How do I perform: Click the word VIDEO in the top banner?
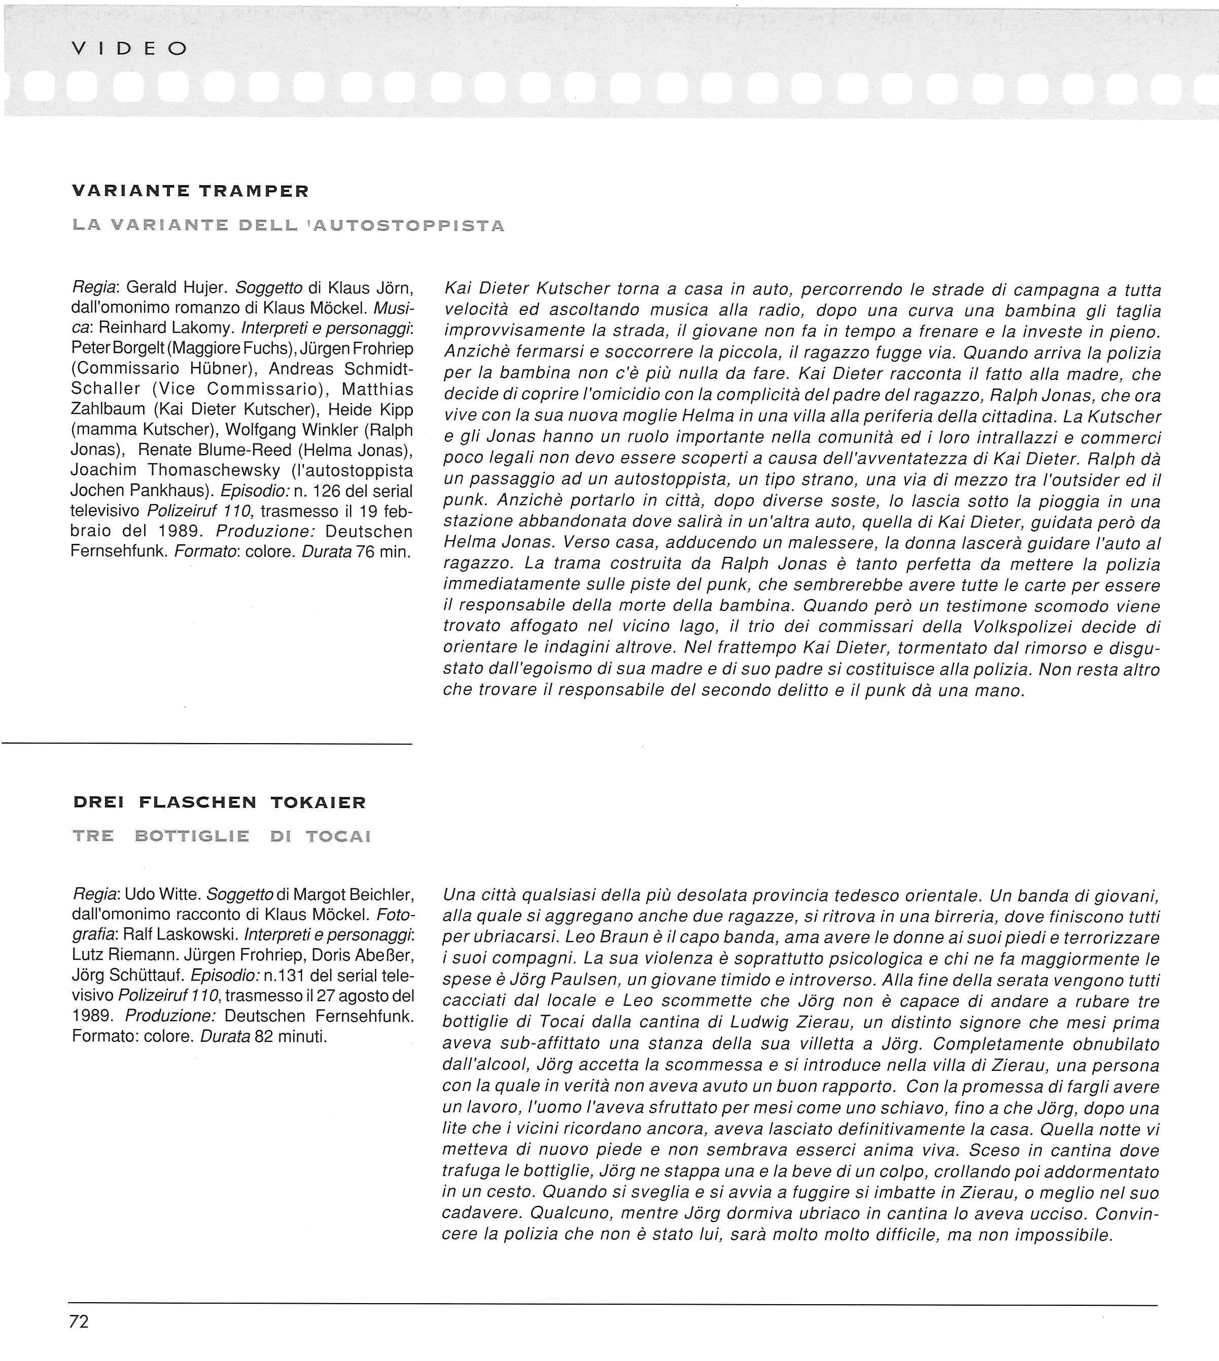tap(129, 49)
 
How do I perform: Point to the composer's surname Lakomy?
tap(203, 329)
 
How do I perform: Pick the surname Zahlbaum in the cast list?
tap(107, 409)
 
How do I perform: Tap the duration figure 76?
tap(364, 552)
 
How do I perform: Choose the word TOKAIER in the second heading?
tap(318, 802)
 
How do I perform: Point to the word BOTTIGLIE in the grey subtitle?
tap(192, 836)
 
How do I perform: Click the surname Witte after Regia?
tap(175, 895)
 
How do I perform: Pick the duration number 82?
tap(255, 1037)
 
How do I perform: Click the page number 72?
tap(78, 1321)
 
